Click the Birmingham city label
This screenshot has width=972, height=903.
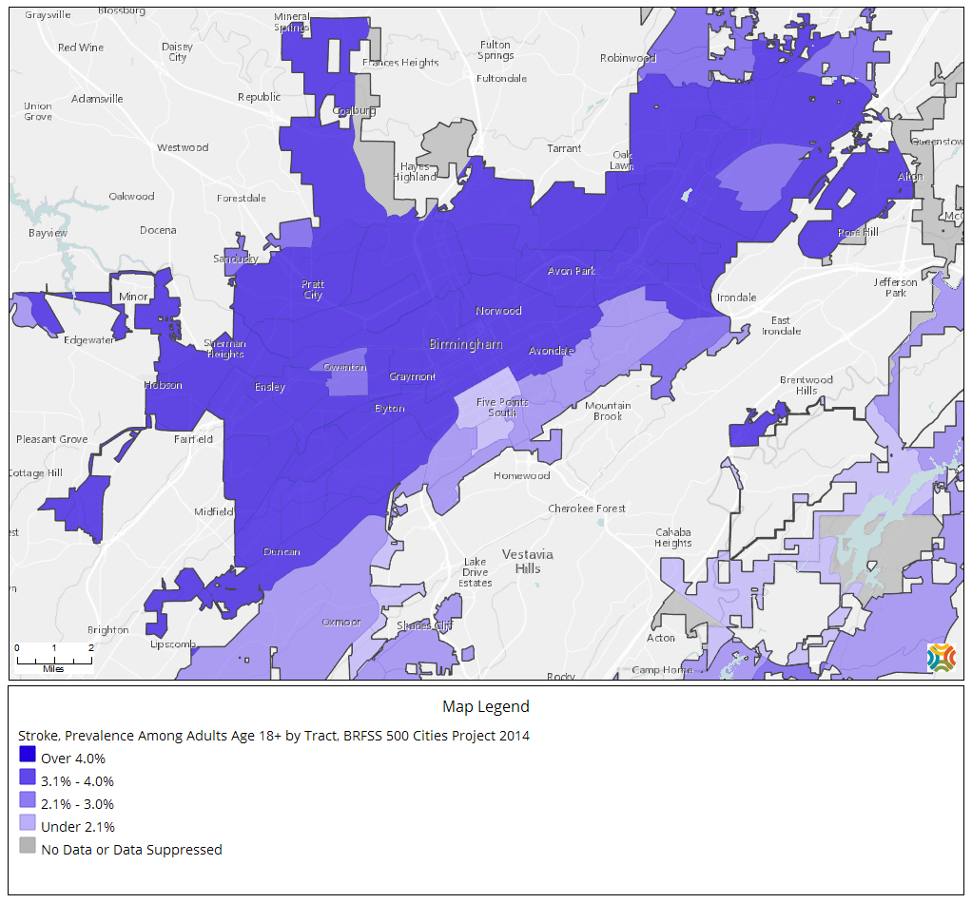click(465, 344)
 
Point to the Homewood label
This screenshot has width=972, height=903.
click(521, 475)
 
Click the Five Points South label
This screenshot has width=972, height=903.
click(501, 407)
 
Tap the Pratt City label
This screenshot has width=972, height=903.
click(312, 290)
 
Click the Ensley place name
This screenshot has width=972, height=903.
click(269, 387)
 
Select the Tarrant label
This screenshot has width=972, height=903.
click(564, 148)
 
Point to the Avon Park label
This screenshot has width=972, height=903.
click(571, 271)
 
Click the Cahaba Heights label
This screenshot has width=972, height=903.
click(672, 537)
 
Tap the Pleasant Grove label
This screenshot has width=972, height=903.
click(51, 439)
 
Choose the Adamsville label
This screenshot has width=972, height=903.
click(97, 98)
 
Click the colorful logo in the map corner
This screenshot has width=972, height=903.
click(941, 657)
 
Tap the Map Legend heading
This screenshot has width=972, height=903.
click(485, 706)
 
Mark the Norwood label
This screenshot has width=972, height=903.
click(498, 311)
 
